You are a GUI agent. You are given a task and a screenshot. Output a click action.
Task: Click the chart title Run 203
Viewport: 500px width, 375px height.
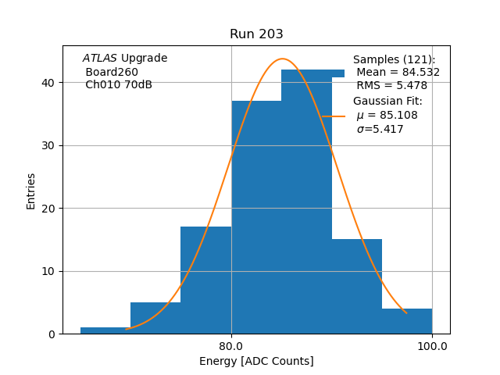256,34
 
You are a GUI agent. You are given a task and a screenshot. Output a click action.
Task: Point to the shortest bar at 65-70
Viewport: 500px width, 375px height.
105,330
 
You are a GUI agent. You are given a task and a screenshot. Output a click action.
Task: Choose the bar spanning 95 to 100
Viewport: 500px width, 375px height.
407,321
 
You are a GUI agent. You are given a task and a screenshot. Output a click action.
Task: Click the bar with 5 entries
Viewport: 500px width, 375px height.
155,318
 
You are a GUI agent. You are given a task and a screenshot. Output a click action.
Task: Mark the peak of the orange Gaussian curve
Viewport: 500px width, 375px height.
283,59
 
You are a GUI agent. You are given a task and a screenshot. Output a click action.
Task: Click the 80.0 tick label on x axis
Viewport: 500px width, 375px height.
231,346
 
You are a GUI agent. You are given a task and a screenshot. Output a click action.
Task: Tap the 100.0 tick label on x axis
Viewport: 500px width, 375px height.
432,346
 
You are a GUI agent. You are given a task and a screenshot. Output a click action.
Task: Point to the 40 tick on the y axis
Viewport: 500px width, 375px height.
51,83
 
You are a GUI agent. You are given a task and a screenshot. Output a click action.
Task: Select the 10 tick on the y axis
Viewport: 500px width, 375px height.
51,271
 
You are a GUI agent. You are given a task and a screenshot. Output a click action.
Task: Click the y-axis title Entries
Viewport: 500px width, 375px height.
31,191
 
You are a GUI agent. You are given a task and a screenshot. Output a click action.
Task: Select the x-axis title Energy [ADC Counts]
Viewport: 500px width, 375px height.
256,361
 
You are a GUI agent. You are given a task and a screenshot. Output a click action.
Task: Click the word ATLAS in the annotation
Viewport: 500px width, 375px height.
99,59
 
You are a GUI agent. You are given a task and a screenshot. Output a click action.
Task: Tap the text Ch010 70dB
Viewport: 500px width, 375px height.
119,85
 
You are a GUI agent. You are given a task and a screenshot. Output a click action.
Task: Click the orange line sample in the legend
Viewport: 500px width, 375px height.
334,116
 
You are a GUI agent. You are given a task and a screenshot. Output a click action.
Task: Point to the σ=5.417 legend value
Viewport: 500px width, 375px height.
380,130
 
